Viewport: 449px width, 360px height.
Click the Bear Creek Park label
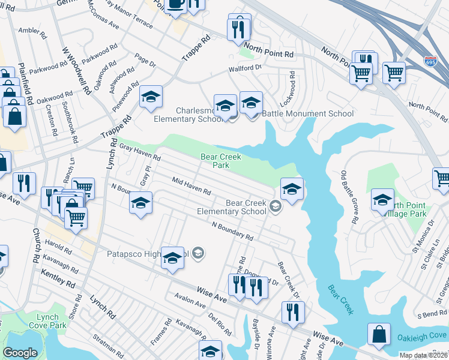pyautogui.click(x=221, y=161)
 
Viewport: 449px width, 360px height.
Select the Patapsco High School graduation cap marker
pyautogui.click(x=172, y=257)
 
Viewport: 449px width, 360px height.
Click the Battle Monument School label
pyautogui.click(x=306, y=113)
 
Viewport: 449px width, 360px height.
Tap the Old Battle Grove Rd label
pyautogui.click(x=350, y=196)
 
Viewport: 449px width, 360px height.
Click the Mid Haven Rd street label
pyautogui.click(x=191, y=186)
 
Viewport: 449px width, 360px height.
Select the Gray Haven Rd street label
pyautogui.click(x=140, y=152)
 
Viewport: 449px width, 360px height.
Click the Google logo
pyautogui.click(x=20, y=353)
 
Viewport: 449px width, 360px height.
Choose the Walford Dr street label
pyautogui.click(x=246, y=68)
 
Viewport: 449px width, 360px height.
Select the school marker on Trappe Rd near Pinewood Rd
pyautogui.click(x=151, y=97)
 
